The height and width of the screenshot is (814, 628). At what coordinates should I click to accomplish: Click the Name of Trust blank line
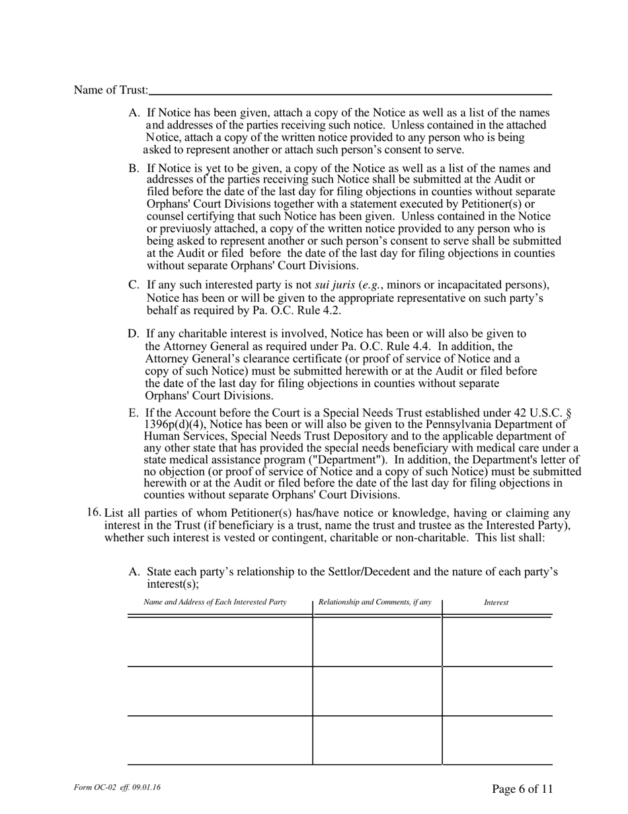point(350,90)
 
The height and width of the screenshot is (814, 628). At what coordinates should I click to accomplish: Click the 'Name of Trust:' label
point(111,90)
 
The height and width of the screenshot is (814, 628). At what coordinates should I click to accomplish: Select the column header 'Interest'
point(496,602)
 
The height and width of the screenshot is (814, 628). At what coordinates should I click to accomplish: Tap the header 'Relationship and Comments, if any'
point(375,602)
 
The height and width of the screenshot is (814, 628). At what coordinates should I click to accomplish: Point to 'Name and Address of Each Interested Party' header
point(215,602)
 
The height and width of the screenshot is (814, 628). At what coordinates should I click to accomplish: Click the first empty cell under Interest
point(497,641)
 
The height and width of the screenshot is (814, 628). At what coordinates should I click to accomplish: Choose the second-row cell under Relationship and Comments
point(377,691)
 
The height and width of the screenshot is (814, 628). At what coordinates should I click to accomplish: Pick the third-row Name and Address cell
point(219,741)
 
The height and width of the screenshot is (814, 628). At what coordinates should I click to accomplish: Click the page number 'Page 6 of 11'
point(522,788)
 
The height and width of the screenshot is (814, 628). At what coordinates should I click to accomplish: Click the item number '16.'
point(95,512)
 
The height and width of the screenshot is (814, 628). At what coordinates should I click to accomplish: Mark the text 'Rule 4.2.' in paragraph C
point(320,310)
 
